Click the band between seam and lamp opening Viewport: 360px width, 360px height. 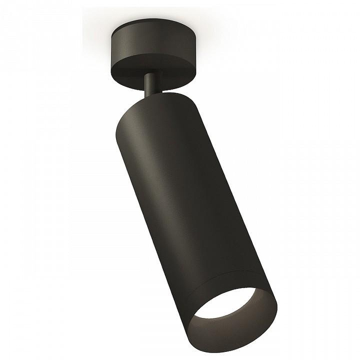[x=225, y=281]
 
